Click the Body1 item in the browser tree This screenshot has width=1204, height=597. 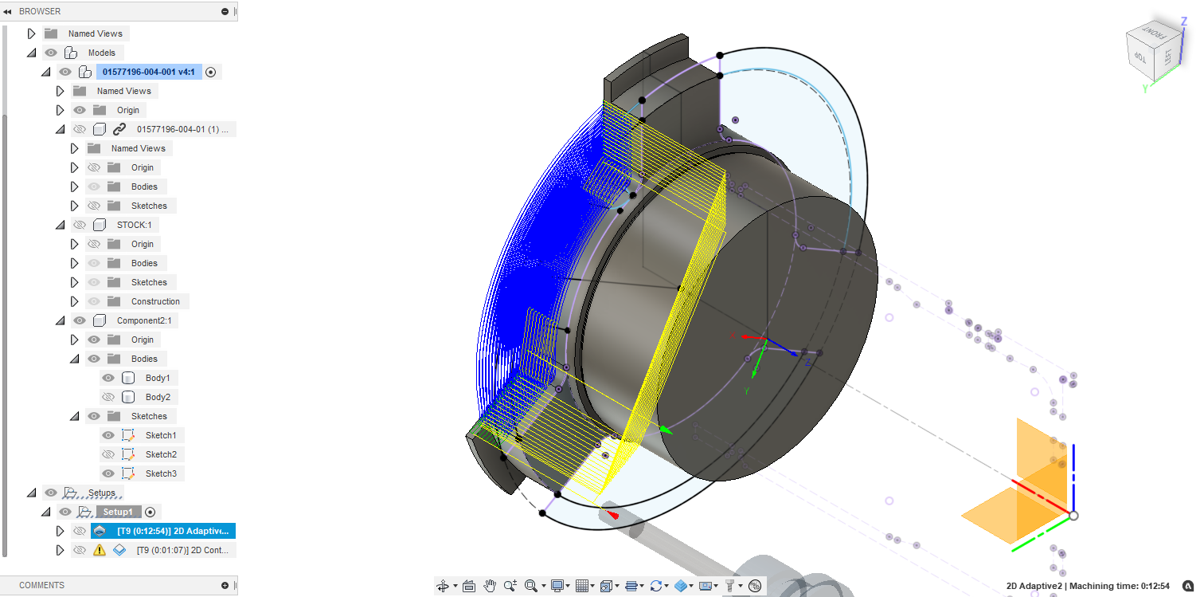coord(157,378)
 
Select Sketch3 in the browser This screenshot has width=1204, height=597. coord(160,473)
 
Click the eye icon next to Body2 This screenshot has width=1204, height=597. coord(108,397)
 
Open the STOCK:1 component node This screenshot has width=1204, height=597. coord(133,225)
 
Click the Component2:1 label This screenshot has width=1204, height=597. coord(143,320)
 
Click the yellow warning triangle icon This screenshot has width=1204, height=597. coord(100,550)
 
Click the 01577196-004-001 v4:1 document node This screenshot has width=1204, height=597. coord(148,72)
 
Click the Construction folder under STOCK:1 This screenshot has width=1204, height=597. coord(155,301)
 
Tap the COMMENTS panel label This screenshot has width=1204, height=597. coord(41,585)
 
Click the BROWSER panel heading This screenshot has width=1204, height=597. coord(40,11)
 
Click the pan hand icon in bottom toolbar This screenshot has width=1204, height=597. coord(490,586)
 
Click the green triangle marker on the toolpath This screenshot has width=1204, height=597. coord(666,430)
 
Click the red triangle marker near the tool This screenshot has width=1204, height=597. coord(613,516)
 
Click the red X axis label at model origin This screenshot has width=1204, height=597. coord(733,336)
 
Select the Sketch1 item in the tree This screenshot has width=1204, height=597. coord(160,435)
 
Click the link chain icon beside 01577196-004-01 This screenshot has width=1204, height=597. coord(119,129)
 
